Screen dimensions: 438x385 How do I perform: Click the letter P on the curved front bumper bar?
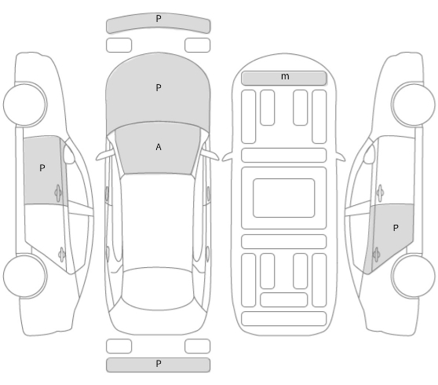click(x=159, y=19)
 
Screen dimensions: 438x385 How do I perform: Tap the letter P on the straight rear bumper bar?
click(x=159, y=364)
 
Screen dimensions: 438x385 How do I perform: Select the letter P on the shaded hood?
click(x=159, y=88)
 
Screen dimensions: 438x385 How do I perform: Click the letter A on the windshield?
click(x=159, y=147)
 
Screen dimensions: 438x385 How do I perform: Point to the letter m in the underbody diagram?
click(x=285, y=76)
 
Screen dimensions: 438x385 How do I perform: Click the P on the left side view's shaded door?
click(x=42, y=168)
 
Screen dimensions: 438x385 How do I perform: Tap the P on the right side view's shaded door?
click(x=396, y=228)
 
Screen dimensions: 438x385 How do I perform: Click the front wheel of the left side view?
click(x=25, y=104)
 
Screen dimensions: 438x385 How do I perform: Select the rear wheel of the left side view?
click(x=25, y=276)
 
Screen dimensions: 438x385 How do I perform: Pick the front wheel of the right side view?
click(x=413, y=104)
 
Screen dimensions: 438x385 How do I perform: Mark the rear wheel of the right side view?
click(x=413, y=276)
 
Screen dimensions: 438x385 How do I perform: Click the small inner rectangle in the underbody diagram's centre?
click(x=284, y=198)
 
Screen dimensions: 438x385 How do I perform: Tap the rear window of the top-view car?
click(x=158, y=288)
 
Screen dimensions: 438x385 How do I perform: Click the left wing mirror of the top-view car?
click(x=105, y=155)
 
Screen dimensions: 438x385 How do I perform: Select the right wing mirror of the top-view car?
click(x=210, y=155)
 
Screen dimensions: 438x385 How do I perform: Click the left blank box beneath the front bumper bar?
click(x=119, y=46)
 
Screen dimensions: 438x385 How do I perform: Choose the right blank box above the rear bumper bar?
click(x=197, y=346)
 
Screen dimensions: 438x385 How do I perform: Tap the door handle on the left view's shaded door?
click(x=58, y=192)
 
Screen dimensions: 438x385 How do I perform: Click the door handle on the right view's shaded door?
click(x=376, y=255)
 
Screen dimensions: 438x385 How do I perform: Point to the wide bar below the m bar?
click(x=284, y=155)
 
